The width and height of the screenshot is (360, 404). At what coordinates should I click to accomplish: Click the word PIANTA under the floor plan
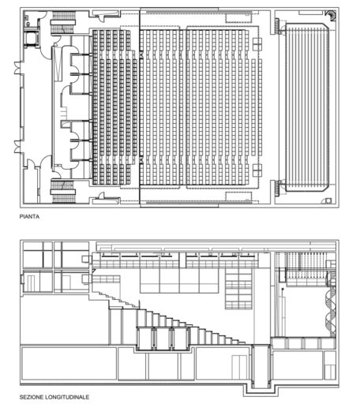(32, 214)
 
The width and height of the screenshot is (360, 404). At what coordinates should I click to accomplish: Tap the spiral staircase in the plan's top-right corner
(332, 16)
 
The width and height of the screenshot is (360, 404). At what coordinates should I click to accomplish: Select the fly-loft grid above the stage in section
(304, 260)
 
